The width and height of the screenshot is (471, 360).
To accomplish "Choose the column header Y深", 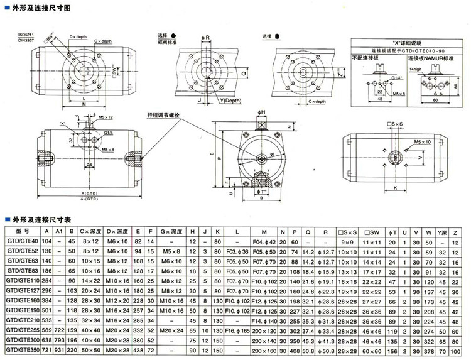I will [443, 232].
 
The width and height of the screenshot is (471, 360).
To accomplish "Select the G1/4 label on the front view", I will [109, 133].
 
